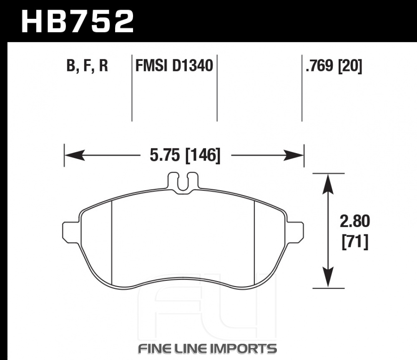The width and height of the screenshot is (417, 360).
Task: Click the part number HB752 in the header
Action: click(x=78, y=21)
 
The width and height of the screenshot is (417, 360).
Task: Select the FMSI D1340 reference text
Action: click(x=174, y=65)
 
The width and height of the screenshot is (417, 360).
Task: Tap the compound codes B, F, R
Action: click(x=87, y=66)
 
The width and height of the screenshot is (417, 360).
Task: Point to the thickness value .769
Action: click(x=319, y=65)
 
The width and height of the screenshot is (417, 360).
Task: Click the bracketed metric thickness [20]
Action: click(x=350, y=66)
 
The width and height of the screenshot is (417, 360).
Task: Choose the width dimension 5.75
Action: click(x=165, y=155)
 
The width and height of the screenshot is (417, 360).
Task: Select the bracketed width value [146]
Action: click(x=203, y=156)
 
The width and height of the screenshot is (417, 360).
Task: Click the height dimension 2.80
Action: click(x=355, y=221)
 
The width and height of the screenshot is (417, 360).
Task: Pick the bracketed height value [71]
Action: click(x=355, y=242)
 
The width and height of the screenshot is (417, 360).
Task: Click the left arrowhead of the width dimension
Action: click(x=75, y=155)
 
